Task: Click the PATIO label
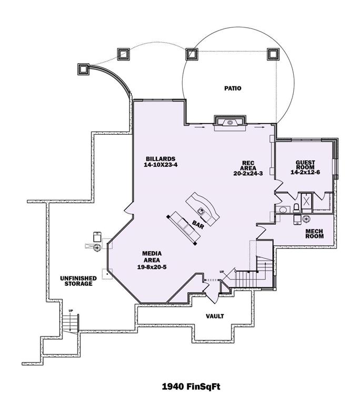coord(233,88)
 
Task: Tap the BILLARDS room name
coord(161,159)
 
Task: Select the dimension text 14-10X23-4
coord(161,165)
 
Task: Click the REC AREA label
coord(248,165)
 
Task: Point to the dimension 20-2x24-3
coord(248,173)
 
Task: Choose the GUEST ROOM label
coord(305,165)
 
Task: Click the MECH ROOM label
coord(314,234)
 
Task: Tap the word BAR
coord(198,225)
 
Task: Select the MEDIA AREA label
coord(152,257)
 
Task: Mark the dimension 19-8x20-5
coord(152,267)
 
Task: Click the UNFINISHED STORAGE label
coord(78,281)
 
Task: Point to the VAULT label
coord(215,316)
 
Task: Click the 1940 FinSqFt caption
coord(191,387)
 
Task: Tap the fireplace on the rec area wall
coord(230,123)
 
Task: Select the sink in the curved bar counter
coord(201,212)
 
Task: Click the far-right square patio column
coord(273,54)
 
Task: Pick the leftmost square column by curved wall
coord(83,69)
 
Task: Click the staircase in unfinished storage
coord(71,323)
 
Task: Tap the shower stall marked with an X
coord(306,200)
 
